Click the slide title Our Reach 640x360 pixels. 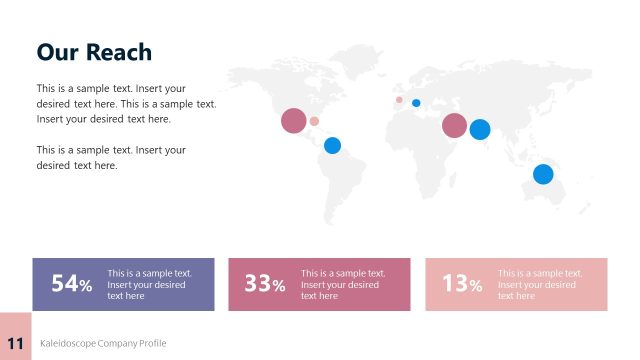(x=94, y=52)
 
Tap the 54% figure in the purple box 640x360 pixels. (x=71, y=284)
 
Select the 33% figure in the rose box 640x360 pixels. (x=265, y=284)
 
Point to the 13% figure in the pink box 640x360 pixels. (x=462, y=284)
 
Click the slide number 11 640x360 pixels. (x=15, y=342)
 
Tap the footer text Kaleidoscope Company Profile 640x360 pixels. (x=103, y=343)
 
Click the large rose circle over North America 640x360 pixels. (x=293, y=121)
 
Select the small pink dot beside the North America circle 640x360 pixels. (x=314, y=121)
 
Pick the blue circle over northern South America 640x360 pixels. (x=332, y=145)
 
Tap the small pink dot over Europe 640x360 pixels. (x=399, y=99)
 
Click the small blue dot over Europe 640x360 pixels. (x=416, y=103)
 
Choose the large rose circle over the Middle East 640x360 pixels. (x=454, y=125)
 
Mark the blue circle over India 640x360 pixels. (x=480, y=129)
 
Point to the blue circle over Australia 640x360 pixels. (x=543, y=174)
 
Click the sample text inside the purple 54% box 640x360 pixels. (x=148, y=284)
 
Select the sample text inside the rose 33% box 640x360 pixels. (x=341, y=284)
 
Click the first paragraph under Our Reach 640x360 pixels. (x=126, y=104)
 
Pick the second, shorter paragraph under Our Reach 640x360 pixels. (x=111, y=158)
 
